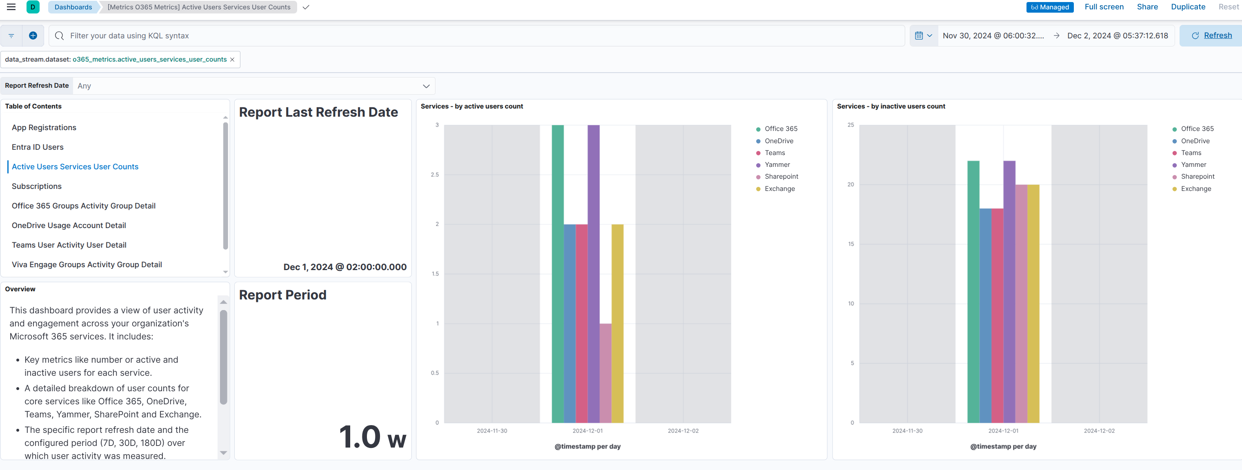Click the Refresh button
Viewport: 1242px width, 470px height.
click(1212, 35)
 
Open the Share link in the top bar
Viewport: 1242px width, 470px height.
click(1147, 7)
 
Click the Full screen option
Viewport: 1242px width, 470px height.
click(1104, 7)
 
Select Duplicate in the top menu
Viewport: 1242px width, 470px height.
click(1188, 7)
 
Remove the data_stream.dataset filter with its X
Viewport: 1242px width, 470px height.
click(232, 59)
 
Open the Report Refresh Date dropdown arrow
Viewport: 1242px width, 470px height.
click(426, 86)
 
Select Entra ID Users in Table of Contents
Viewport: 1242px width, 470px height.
click(38, 147)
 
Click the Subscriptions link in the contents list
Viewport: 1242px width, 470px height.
click(37, 186)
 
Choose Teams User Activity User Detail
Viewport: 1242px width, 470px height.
click(69, 245)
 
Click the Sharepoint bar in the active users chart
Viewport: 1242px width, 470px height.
click(606, 373)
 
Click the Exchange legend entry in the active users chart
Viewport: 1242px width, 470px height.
click(779, 188)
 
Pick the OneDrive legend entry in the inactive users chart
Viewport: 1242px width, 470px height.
click(1195, 141)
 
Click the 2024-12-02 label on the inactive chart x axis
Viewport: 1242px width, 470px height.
click(1099, 430)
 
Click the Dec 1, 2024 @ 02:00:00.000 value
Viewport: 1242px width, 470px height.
click(345, 267)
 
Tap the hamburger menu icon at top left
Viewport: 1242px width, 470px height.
click(11, 7)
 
